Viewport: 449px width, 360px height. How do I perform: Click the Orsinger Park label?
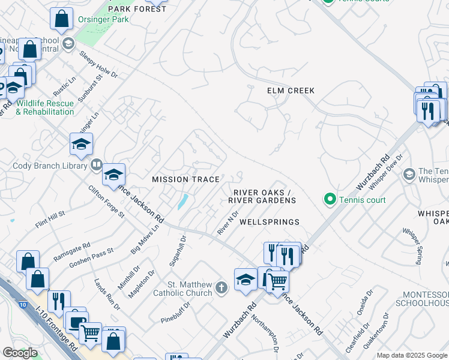(x=103, y=19)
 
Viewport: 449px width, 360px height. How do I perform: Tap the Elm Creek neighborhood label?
(x=291, y=91)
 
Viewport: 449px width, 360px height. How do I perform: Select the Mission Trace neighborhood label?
(x=185, y=179)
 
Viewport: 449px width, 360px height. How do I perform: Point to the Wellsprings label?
(x=270, y=222)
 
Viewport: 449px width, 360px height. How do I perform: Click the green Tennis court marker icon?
(x=329, y=199)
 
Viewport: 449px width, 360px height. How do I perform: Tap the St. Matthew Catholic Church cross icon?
(x=221, y=288)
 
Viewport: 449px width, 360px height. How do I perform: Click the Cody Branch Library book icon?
(x=96, y=165)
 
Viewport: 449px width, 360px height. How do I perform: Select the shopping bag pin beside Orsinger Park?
(x=61, y=19)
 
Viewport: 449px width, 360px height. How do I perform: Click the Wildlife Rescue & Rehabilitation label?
(x=45, y=107)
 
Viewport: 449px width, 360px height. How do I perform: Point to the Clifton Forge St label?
(x=106, y=202)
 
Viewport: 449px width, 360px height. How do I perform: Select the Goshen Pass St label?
(x=91, y=259)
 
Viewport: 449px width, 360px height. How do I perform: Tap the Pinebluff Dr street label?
(x=175, y=313)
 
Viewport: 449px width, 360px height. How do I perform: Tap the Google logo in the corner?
(x=20, y=353)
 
